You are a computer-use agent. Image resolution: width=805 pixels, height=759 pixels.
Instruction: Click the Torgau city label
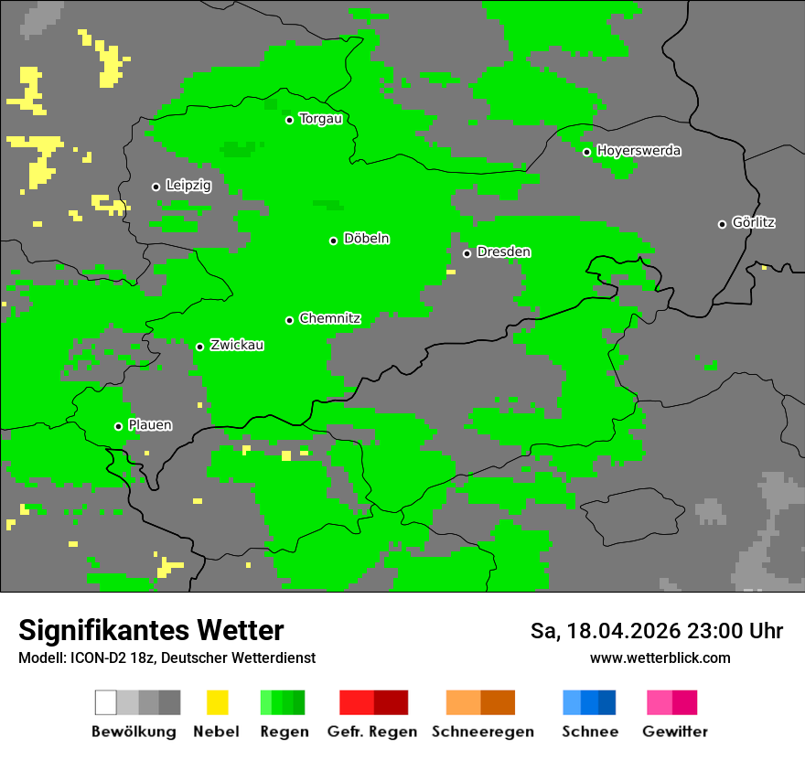coord(320,119)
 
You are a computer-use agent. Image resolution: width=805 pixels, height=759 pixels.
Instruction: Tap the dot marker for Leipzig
coord(156,187)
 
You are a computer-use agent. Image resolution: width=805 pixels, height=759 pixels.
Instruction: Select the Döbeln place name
coord(366,240)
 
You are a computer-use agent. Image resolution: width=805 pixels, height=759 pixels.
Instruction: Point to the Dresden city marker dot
coord(467,253)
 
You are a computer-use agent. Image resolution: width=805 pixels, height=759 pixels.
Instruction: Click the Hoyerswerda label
coord(639,151)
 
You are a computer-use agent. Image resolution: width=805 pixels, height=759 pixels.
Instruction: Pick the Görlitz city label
coord(754,222)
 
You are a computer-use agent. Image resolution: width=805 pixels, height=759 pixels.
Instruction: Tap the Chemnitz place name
coord(329,319)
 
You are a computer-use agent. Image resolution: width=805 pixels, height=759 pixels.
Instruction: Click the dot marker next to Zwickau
coord(199,347)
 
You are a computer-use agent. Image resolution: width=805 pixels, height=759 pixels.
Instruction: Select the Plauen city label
coord(150,425)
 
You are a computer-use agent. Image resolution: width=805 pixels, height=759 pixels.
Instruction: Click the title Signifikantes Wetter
coord(151,631)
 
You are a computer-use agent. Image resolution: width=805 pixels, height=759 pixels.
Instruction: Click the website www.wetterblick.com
coord(660,658)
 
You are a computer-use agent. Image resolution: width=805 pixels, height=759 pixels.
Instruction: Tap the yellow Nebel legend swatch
coord(217,702)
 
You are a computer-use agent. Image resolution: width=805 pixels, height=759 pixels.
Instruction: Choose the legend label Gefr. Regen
coord(372,732)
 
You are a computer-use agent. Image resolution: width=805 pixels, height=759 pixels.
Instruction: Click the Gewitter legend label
coord(675,732)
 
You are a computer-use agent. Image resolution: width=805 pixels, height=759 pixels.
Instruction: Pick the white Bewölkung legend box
coord(105,702)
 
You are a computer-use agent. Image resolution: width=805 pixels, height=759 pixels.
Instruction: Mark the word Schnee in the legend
coord(589,732)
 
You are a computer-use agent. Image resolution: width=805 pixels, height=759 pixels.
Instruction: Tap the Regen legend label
coord(283,732)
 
